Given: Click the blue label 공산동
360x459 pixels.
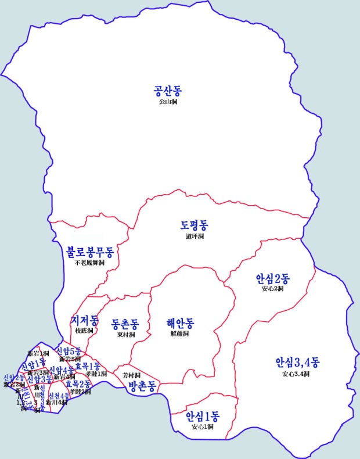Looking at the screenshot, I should pyautogui.click(x=168, y=91).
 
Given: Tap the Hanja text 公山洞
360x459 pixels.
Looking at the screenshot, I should pyautogui.click(x=168, y=102).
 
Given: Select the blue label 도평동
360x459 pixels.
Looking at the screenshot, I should pyautogui.click(x=195, y=225).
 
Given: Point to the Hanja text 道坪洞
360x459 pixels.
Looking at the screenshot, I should pyautogui.click(x=195, y=236).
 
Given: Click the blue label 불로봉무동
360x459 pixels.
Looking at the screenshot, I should pyautogui.click(x=90, y=252).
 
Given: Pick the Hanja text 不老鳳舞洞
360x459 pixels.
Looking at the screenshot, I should pyautogui.click(x=90, y=263).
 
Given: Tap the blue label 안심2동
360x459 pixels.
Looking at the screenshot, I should pyautogui.click(x=272, y=278).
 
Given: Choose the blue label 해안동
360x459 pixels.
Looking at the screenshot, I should pyautogui.click(x=180, y=323).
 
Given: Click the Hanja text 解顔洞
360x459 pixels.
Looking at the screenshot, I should pyautogui.click(x=180, y=334).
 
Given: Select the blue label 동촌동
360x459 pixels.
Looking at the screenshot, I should pyautogui.click(x=125, y=324).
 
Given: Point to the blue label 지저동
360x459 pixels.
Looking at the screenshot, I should pyautogui.click(x=84, y=320).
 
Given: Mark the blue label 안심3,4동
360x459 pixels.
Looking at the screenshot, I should pyautogui.click(x=297, y=363).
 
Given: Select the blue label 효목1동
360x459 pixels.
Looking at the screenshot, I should pyautogui.click(x=88, y=366).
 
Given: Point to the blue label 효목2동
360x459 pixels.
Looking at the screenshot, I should pyautogui.click(x=78, y=384).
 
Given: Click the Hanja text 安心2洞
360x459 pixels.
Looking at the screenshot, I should pyautogui.click(x=272, y=289).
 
